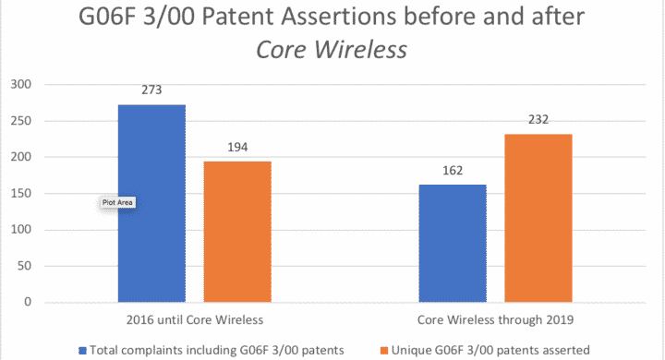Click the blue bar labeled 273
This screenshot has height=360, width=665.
pos(151,203)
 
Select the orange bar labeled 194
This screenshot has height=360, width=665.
pos(236,232)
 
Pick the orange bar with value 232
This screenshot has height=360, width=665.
pos(538,218)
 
